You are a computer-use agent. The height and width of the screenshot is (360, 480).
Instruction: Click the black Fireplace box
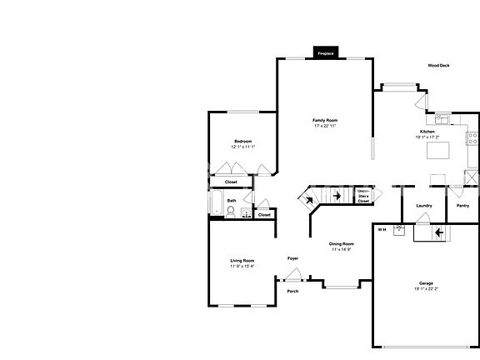(325, 53)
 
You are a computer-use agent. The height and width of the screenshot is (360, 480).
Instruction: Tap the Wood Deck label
(438, 65)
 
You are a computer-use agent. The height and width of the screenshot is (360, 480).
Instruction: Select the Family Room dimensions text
(325, 126)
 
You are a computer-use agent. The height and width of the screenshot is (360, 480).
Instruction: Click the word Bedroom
(242, 141)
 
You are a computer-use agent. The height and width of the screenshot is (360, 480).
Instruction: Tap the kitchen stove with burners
(472, 137)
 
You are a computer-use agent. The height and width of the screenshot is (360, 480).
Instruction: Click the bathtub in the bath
(216, 203)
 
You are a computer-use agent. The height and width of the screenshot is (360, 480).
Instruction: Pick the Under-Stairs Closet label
(363, 196)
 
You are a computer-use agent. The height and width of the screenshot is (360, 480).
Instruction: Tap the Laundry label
(423, 206)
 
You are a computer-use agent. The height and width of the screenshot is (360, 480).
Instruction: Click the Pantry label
(462, 206)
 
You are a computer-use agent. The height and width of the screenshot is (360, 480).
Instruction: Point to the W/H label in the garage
(382, 229)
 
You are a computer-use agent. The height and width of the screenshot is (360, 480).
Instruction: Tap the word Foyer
(292, 258)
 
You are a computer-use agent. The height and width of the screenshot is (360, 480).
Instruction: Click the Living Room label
(242, 261)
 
